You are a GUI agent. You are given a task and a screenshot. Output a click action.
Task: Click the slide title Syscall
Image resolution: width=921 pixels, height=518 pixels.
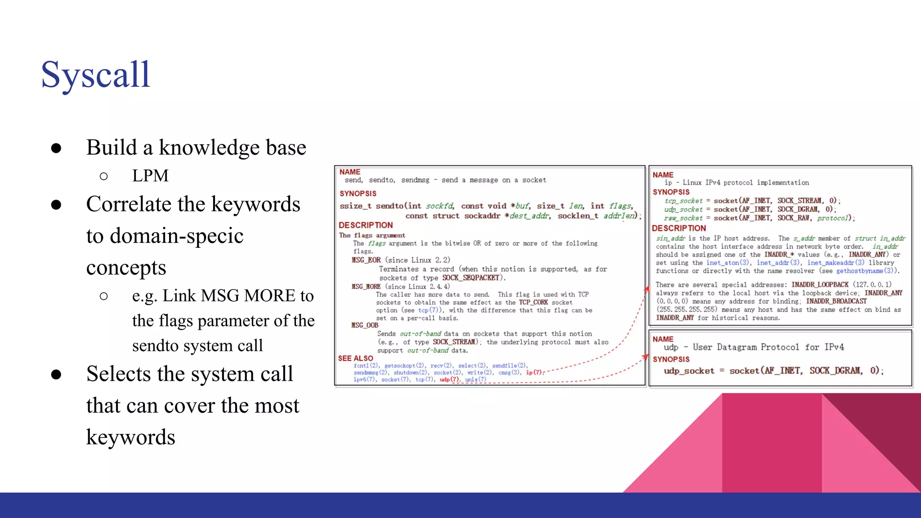(95, 75)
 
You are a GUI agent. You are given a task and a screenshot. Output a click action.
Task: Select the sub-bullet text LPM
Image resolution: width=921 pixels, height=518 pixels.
(150, 176)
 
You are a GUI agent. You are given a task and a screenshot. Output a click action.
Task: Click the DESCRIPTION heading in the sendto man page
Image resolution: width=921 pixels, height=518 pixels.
(366, 225)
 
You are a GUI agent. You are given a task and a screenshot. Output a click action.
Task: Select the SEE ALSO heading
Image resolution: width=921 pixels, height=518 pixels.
(356, 358)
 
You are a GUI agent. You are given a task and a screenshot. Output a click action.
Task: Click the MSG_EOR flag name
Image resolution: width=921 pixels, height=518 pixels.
(367, 260)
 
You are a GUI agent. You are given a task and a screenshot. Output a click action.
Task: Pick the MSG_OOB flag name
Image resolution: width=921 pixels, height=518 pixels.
(365, 325)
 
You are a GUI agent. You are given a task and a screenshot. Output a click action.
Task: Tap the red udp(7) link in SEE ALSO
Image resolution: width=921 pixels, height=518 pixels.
(449, 380)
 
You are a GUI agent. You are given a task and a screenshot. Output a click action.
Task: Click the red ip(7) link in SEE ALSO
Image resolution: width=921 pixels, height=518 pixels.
(534, 372)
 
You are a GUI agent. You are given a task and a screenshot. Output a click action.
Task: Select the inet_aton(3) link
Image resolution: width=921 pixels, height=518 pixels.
(728, 263)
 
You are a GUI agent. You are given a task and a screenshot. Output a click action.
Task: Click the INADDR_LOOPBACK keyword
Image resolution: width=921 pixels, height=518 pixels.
(820, 285)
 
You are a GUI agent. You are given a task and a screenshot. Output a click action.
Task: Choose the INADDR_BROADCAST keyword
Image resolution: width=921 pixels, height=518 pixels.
(836, 301)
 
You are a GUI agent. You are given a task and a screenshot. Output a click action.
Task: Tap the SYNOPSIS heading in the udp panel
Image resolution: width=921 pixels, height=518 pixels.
(671, 359)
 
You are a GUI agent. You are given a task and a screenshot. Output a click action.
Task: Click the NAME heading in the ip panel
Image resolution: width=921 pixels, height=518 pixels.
(663, 175)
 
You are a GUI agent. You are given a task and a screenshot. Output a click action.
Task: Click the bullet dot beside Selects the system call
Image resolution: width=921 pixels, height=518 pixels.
(56, 374)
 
